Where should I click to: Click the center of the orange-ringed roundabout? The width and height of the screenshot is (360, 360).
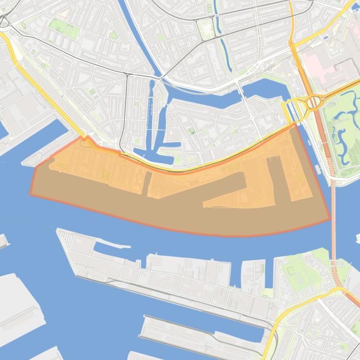(312, 102)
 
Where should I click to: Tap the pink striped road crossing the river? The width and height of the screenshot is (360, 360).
(333, 220)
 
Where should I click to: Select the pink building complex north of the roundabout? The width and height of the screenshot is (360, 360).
(323, 65)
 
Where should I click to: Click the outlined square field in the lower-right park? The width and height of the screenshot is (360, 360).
(291, 271)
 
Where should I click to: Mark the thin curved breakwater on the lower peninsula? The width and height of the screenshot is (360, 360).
(112, 243)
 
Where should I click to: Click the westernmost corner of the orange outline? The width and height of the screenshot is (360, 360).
(31, 194)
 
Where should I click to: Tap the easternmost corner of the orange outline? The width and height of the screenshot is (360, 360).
(330, 218)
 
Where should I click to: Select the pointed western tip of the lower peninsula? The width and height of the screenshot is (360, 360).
(58, 230)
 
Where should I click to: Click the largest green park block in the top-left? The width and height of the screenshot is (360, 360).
(63, 28)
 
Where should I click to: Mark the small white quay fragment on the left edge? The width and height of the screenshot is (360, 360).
(3, 240)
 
